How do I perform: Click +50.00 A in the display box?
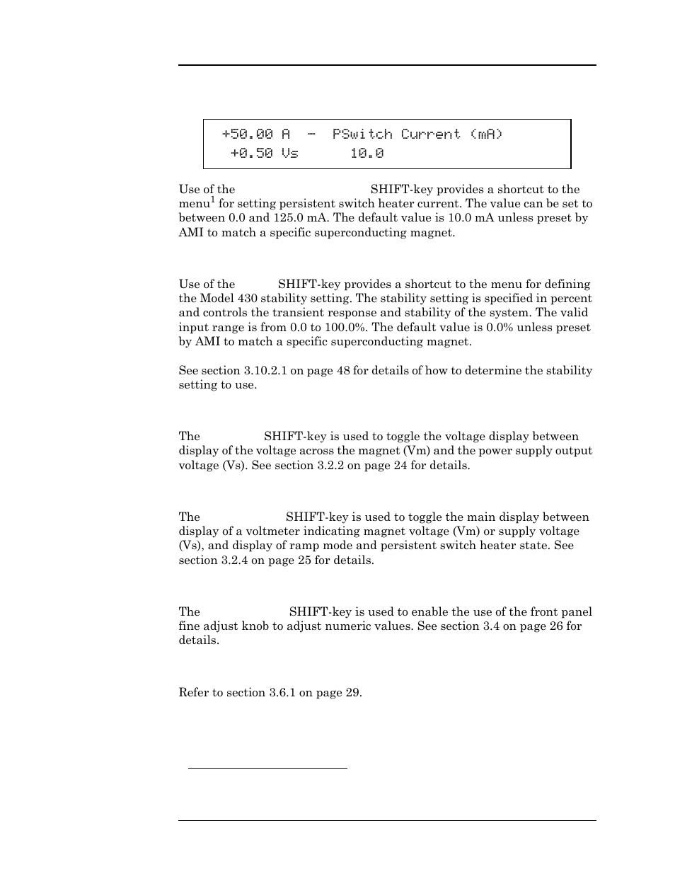255,134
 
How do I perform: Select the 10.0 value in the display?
367,153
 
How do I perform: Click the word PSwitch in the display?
362,134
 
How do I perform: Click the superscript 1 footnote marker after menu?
212,200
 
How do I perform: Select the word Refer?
192,692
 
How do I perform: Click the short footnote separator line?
267,767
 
